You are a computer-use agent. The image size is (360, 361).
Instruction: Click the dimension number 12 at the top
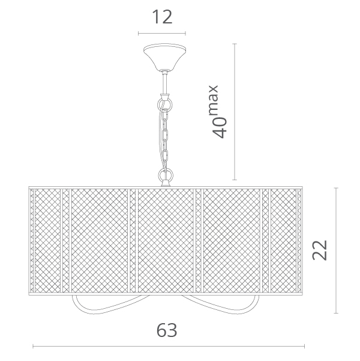pos(162,17)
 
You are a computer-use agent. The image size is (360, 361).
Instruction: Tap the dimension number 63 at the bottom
pos(167,330)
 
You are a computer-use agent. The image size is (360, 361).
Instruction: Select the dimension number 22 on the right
pos(320,250)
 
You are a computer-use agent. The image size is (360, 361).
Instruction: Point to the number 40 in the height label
pos(220,127)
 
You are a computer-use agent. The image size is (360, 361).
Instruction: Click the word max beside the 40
pos(214,100)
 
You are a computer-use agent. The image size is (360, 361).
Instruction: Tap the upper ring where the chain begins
pos(165,105)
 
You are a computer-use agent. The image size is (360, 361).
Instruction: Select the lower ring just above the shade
pos(165,175)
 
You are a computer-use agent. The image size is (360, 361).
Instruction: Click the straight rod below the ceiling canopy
pos(165,82)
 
